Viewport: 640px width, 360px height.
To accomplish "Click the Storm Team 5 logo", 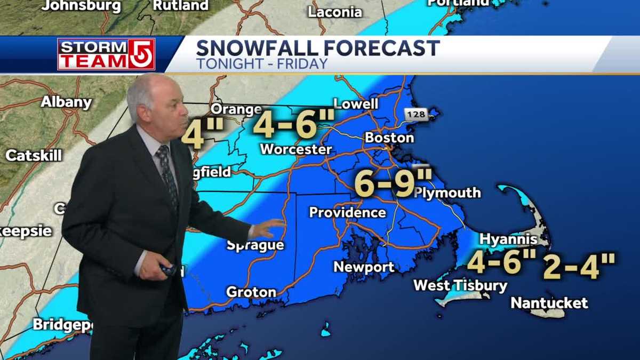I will coord(106,54).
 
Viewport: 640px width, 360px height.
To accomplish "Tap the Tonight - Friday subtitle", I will coord(261,64).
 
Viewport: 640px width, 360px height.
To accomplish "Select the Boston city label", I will coord(389,138).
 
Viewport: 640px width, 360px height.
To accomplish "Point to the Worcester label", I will coord(295,149).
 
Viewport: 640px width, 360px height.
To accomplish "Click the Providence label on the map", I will coord(347,212).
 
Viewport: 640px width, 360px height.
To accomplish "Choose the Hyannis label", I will coord(508,239).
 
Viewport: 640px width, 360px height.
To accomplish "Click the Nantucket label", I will coord(549,303).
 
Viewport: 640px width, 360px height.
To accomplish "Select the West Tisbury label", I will coord(460,285).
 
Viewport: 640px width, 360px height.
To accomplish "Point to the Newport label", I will coord(364,267).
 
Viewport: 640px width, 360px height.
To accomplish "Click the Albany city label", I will coord(66,102).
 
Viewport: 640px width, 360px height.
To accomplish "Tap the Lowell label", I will coord(355,103).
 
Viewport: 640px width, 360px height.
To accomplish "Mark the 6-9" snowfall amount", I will coord(386,184).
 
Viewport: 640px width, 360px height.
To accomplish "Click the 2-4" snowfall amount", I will coord(579,266).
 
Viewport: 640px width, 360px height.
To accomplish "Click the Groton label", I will coord(251,292).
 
